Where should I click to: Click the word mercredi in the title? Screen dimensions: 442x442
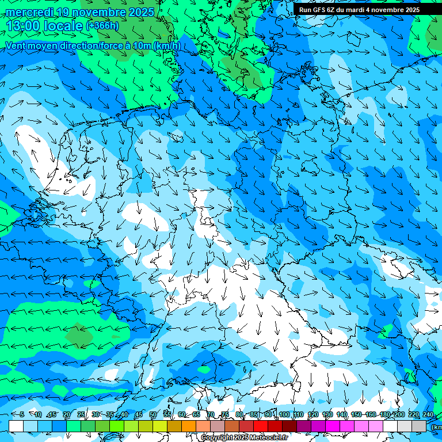(x=29, y=12)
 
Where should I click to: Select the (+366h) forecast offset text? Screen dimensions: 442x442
(x=102, y=26)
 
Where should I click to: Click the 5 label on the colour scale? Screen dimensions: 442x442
(x=21, y=414)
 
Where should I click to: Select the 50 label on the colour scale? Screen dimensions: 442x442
(x=153, y=414)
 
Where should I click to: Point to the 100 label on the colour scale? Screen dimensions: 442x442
(x=284, y=414)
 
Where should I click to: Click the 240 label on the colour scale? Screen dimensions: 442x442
(x=428, y=414)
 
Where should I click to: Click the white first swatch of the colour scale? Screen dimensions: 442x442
(x=16, y=426)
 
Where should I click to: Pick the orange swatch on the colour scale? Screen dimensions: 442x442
(x=189, y=426)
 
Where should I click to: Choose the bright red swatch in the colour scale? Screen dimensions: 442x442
(x=261, y=426)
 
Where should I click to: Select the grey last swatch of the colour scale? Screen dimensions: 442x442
(x=419, y=426)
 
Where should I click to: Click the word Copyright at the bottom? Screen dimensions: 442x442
(x=218, y=438)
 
